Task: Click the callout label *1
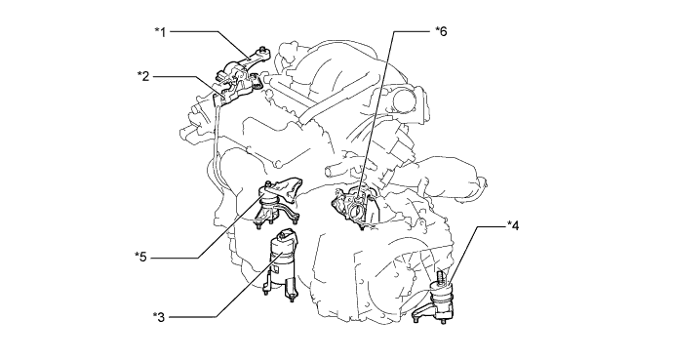click(x=160, y=32)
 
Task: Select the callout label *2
click(x=143, y=76)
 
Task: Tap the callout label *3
click(x=158, y=317)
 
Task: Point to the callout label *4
click(x=513, y=225)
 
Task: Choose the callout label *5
click(x=140, y=257)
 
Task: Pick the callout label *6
click(x=441, y=31)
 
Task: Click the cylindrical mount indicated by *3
click(x=281, y=263)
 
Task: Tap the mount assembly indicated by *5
click(x=278, y=202)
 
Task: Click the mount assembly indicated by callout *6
click(x=356, y=206)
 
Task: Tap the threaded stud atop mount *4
click(x=440, y=277)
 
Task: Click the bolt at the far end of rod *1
click(x=262, y=51)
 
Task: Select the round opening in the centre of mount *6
click(x=356, y=210)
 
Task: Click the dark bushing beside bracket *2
click(x=257, y=80)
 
